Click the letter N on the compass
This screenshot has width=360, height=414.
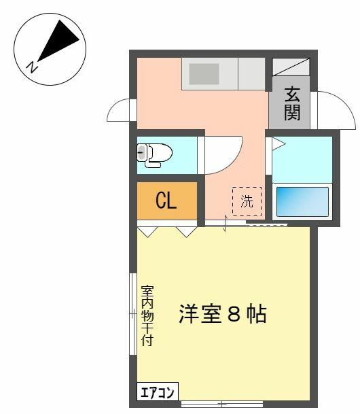click(x=32, y=67)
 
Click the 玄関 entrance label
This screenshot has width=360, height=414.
click(x=292, y=103)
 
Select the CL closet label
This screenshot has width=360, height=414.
click(x=166, y=201)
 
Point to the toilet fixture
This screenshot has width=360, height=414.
click(x=154, y=155)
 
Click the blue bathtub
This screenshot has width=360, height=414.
click(x=302, y=202)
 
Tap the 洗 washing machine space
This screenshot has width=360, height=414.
click(x=247, y=201)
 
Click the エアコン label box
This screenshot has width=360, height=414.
click(x=158, y=393)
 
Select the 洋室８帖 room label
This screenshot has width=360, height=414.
click(x=223, y=314)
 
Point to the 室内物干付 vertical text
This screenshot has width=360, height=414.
click(x=147, y=315)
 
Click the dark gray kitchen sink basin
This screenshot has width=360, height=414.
click(x=204, y=74)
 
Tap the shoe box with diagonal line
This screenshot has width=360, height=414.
click(x=291, y=67)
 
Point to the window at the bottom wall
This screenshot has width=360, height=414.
click(x=222, y=404)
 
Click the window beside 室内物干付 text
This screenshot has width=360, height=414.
click(x=133, y=314)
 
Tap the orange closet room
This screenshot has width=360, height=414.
click(x=167, y=201)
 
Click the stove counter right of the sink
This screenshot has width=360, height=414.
click(x=251, y=73)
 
